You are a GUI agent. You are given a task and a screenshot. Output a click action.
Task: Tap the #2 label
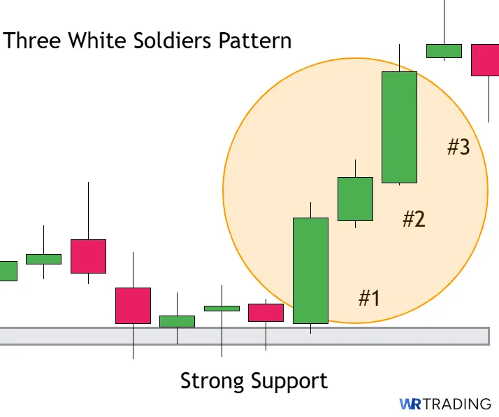point(414,219)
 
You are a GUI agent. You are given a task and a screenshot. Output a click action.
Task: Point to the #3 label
point(458,147)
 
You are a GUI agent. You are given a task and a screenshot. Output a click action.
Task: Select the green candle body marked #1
point(310,271)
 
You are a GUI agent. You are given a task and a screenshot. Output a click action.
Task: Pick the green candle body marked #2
point(355,199)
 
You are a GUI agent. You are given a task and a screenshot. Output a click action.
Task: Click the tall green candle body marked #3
point(399,127)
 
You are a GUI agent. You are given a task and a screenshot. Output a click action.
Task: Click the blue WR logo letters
point(409,404)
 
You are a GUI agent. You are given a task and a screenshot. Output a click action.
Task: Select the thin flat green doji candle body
point(222,308)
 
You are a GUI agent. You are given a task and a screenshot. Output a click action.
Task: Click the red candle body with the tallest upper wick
point(88,256)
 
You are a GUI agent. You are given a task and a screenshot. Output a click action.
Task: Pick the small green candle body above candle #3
point(444,51)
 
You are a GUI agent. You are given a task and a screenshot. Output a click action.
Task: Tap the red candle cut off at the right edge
point(485,59)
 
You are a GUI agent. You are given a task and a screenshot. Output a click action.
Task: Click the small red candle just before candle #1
point(266,313)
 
